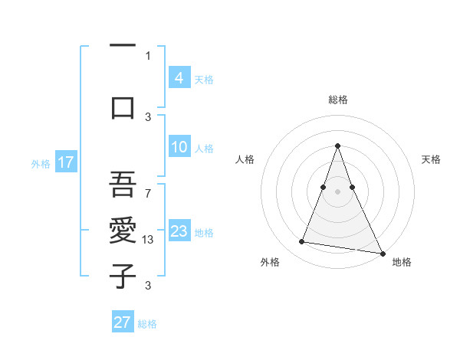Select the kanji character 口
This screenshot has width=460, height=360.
pos(123,107)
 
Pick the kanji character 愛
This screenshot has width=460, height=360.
pos(123,230)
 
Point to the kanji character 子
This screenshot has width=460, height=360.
pos(123,275)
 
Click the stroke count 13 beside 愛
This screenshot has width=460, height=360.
pos(149,240)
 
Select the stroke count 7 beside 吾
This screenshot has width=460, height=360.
pos(148,186)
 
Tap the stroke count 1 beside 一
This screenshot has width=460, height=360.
pos(148,55)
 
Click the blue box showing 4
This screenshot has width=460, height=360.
pos(179,77)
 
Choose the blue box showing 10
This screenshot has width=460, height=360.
pos(179,147)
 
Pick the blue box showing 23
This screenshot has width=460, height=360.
pos(179,231)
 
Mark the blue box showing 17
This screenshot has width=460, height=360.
pos(65,162)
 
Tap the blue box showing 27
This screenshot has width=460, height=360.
pos(123,322)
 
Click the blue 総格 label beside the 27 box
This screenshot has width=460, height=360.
pos(147,324)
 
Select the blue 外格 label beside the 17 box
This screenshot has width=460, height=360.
pos(41,163)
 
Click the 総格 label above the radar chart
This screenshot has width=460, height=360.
pos(338,100)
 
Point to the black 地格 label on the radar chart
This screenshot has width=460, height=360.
pos(402,263)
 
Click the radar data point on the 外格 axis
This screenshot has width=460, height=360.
pos(302,242)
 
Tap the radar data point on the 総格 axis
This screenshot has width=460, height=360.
pos(338,146)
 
